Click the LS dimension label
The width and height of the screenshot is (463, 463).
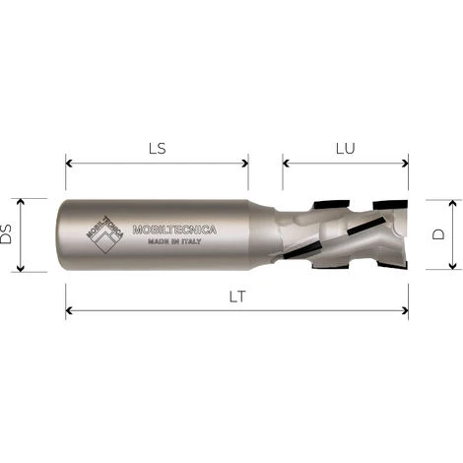(156, 148)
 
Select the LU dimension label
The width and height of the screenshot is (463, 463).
(345, 149)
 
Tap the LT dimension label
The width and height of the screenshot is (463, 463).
(237, 297)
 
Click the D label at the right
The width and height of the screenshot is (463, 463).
(439, 234)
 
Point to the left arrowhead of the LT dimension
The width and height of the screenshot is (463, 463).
(70, 311)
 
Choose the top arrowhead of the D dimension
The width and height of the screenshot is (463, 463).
(452, 203)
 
